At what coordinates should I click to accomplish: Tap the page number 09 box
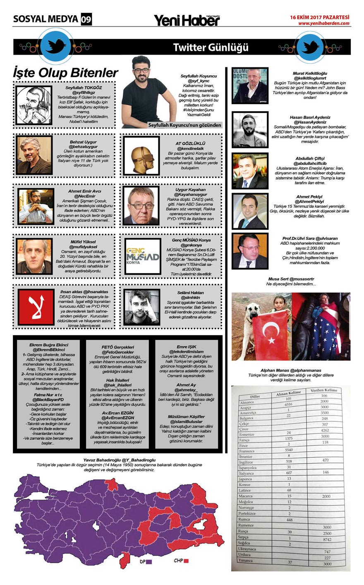point(86,19)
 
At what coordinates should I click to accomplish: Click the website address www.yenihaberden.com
point(324,24)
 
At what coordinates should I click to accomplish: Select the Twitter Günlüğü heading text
point(211,48)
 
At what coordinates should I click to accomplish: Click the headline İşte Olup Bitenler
point(66,73)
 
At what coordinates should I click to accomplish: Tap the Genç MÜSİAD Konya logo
point(142,256)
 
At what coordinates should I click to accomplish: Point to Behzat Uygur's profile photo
point(34,155)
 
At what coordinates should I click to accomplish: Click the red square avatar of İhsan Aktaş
point(36,307)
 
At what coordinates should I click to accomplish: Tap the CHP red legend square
point(187,561)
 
